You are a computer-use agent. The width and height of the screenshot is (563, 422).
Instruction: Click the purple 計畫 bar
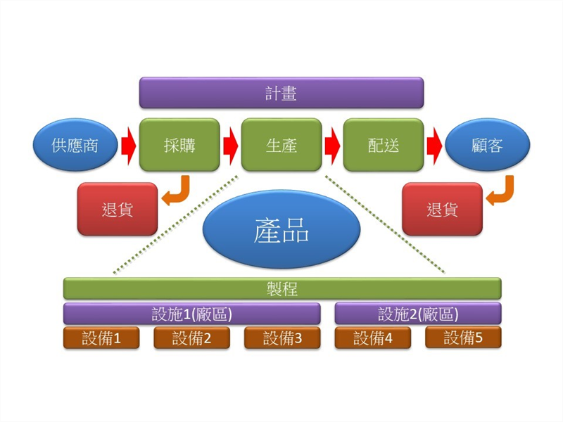pos(281,93)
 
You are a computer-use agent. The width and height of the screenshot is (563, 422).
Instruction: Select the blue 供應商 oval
pos(75,145)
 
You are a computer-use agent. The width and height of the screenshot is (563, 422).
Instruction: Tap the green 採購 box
pos(179,145)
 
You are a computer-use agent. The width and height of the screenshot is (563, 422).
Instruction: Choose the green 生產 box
pos(281,145)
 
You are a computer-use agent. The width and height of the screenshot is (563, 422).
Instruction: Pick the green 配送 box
pos(384,145)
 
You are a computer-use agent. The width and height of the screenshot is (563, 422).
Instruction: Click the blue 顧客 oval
pos(487,145)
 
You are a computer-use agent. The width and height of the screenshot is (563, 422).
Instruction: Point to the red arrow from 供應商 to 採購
pos(127,145)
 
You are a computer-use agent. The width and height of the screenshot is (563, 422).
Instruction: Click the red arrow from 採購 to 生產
pos(230,145)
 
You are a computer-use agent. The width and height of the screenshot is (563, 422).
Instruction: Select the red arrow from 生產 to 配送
pos(332,145)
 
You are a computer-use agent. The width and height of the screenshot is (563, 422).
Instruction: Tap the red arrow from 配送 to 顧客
pos(434,145)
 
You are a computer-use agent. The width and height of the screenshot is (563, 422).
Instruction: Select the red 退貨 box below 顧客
pos(442,209)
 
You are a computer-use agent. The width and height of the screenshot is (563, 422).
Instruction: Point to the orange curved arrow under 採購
pos(177,193)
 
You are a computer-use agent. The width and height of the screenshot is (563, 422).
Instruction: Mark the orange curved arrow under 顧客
pos(502,193)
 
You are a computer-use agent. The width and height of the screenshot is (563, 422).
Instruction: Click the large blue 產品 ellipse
pos(281,231)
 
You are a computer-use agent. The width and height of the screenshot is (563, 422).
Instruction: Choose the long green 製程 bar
pos(281,288)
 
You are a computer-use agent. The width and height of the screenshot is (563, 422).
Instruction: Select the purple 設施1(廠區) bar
pos(191,314)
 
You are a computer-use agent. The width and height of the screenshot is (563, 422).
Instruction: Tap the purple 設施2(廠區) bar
pos(418,314)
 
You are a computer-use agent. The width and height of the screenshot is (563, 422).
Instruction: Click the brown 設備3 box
pos(282,338)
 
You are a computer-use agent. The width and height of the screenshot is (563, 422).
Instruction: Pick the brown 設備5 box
pos(463,338)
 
